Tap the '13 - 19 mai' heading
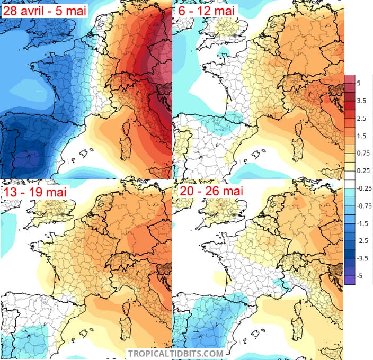[35, 192]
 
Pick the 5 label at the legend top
[359, 83]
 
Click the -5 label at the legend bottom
[360, 276]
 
